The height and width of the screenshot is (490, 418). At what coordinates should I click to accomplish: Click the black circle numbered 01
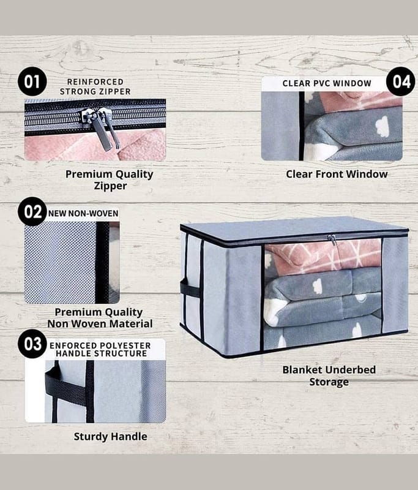tap(32, 81)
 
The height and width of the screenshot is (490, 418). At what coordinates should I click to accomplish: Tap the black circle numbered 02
tap(32, 211)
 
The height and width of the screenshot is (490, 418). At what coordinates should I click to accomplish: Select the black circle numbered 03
tap(32, 344)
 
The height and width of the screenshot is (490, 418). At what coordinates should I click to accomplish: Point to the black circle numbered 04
tap(401, 81)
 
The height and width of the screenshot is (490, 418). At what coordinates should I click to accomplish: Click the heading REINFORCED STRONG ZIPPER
tap(95, 86)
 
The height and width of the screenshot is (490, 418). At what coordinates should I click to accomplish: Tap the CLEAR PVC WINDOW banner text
tap(327, 83)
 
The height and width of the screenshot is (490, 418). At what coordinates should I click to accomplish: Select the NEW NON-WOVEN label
tap(83, 213)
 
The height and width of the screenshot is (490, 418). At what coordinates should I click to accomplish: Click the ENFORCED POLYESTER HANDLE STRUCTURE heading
tap(100, 349)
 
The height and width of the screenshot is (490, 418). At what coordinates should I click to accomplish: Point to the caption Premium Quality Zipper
tap(110, 179)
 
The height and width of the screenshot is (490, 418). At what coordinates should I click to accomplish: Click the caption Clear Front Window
tap(337, 174)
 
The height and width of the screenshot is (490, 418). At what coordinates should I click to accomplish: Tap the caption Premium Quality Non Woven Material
tap(100, 318)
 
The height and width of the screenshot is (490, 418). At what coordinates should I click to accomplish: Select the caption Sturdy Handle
tap(111, 437)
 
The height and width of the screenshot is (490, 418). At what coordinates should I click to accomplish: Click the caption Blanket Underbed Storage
tap(329, 375)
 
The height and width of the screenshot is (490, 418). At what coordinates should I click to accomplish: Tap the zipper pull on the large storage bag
tap(332, 239)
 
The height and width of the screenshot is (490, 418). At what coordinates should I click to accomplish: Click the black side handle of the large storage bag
tap(190, 290)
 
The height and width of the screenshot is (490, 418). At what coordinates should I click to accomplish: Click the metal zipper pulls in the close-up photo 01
tap(100, 129)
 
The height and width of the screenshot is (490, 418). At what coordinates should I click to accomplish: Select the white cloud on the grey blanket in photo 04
tap(382, 126)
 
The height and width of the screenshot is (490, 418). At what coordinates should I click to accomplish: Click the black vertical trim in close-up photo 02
tap(102, 263)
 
